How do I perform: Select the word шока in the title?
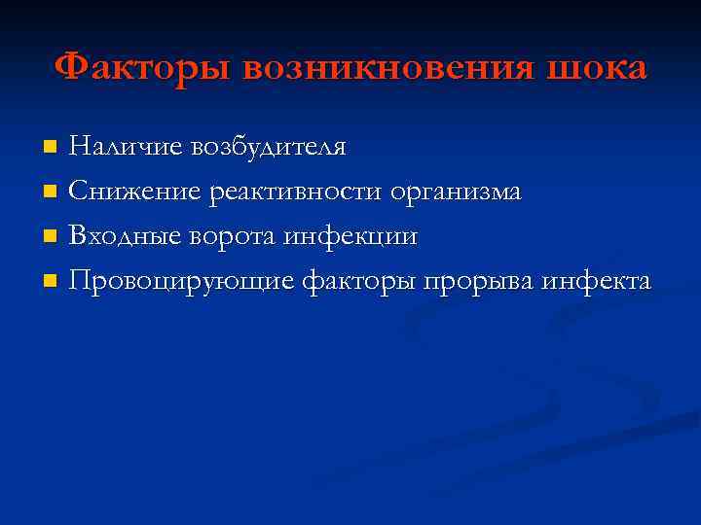597,68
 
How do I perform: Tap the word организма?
456,192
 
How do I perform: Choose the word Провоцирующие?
181,282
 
